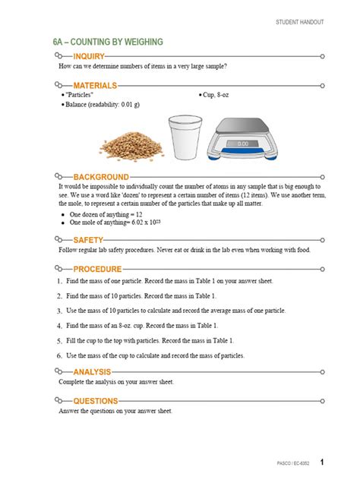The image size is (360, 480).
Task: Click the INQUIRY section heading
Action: [x=89, y=56]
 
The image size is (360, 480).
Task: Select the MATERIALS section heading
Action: [x=95, y=85]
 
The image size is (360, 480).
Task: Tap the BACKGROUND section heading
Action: [x=101, y=176]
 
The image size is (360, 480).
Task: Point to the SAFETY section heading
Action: [x=89, y=240]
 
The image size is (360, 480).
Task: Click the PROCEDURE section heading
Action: [x=97, y=269]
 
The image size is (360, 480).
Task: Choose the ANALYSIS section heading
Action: [x=93, y=372]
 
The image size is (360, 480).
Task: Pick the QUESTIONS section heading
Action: [x=96, y=400]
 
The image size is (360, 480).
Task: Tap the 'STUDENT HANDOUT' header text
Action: [x=298, y=23]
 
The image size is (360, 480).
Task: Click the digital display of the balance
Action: [x=242, y=143]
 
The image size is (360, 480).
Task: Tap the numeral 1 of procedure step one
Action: [x=59, y=281]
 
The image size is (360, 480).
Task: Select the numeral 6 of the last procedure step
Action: [x=59, y=355]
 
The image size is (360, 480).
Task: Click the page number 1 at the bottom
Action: [x=322, y=462]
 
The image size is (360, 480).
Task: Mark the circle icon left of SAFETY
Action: [x=62, y=240]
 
